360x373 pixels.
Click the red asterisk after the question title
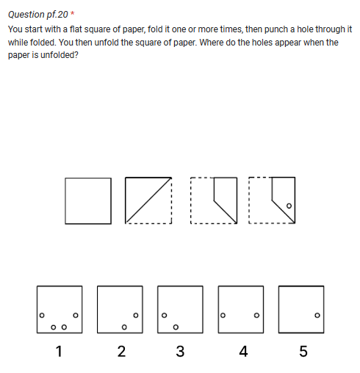72,14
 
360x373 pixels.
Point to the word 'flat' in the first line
82,29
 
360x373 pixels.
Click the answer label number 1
59,351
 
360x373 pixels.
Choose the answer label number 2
120,351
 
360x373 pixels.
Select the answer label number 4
242,351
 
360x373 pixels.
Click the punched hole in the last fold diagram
289,206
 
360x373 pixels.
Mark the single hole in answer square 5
317,316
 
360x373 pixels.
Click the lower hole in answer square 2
124,327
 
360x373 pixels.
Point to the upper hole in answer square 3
165,316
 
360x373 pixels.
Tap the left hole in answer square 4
223,316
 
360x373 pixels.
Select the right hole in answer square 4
256,316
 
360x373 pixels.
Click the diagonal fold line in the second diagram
148,200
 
